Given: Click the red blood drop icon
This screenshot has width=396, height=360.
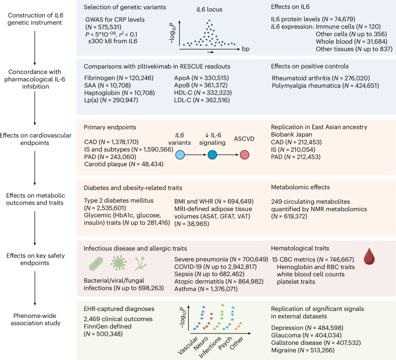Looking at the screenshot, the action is pyautogui.click(x=369, y=256).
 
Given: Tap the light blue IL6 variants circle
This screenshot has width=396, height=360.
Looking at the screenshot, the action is pyautogui.click(x=180, y=155).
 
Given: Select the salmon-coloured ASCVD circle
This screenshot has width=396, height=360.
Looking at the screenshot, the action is pyautogui.click(x=245, y=155).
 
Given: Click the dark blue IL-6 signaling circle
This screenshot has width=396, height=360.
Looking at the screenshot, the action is pyautogui.click(x=212, y=155).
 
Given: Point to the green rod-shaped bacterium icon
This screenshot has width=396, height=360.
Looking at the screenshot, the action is pyautogui.click(x=96, y=264).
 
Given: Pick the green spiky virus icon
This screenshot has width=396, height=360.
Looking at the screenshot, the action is pyautogui.click(x=118, y=263).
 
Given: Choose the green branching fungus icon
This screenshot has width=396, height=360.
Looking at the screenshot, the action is pyautogui.click(x=141, y=264).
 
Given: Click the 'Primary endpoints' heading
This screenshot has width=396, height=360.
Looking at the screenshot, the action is pyautogui.click(x=110, y=127).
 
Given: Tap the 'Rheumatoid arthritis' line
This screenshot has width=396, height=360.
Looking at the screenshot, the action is pyautogui.click(x=321, y=78).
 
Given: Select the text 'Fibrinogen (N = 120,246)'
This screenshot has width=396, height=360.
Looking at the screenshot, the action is pyautogui.click(x=119, y=78).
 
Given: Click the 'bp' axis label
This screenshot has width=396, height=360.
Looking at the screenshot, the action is pyautogui.click(x=245, y=49).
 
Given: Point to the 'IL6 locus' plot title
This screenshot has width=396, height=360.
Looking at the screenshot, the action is pyautogui.click(x=209, y=10).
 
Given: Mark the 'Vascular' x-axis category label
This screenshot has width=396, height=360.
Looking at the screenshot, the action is pyautogui.click(x=188, y=345).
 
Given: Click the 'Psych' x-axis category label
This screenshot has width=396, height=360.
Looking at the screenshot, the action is pyautogui.click(x=225, y=343).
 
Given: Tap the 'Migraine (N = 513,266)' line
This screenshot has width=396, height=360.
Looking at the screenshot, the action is pyautogui.click(x=303, y=350).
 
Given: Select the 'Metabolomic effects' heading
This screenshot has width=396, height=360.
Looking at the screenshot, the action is pyautogui.click(x=300, y=187).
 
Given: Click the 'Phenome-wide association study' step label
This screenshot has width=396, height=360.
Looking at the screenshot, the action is pyautogui.click(x=35, y=319).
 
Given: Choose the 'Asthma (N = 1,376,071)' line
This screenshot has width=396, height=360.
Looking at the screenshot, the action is pyautogui.click(x=206, y=289).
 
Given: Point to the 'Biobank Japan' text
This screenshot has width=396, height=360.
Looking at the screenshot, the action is pyautogui.click(x=291, y=134).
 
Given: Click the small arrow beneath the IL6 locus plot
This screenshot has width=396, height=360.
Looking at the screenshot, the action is pyautogui.click(x=210, y=52).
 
